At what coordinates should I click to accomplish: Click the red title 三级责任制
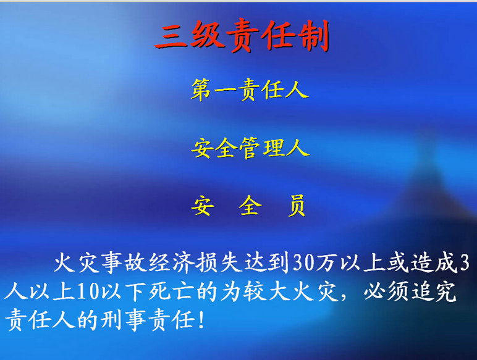click(x=242, y=38)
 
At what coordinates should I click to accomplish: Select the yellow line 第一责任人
click(x=249, y=91)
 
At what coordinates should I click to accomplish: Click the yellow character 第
click(x=201, y=91)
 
